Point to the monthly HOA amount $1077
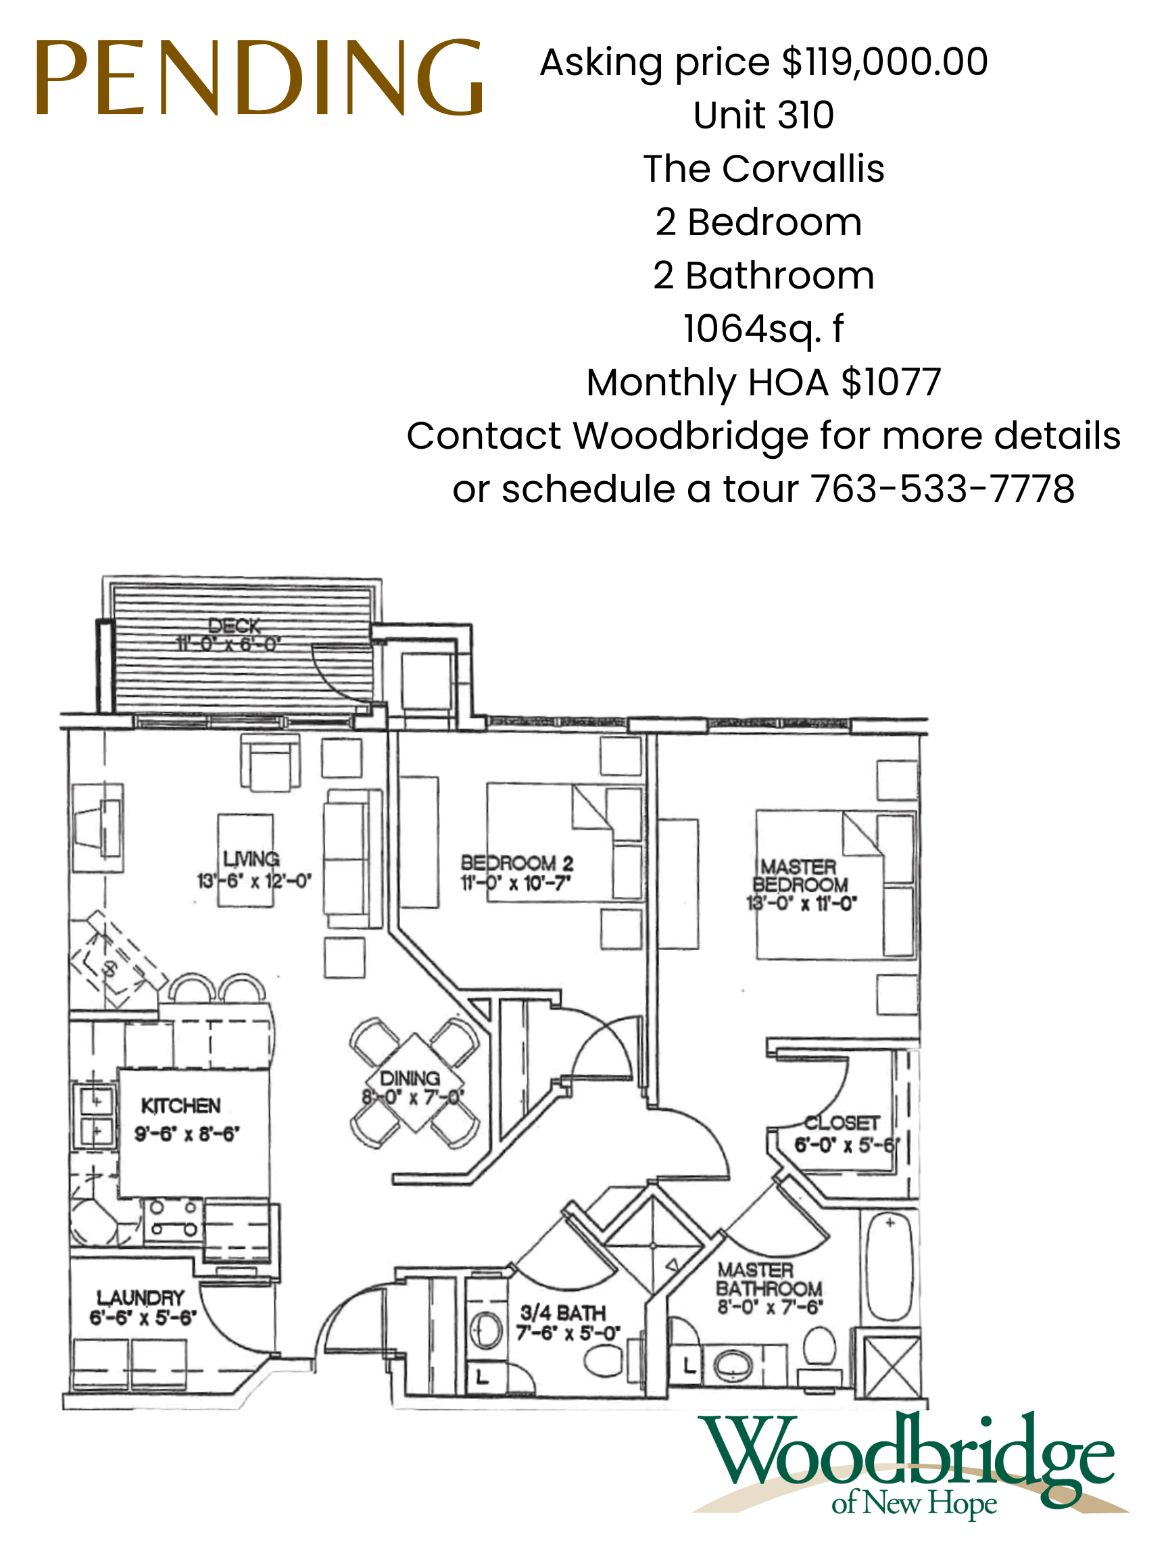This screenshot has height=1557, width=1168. [891, 382]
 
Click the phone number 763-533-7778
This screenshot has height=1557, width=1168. [942, 489]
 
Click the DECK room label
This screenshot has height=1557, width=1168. [235, 626]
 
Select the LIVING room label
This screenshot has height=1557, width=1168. [251, 860]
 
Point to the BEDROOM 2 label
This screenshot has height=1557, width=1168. [517, 863]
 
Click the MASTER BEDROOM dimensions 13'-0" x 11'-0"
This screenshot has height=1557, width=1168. [801, 903]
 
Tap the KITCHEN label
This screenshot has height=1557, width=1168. [181, 1106]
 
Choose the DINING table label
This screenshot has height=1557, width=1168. [410, 1079]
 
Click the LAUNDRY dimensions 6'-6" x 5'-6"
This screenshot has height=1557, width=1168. [143, 1318]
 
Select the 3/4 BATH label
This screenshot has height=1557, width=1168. [562, 1313]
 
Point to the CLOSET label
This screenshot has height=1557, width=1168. [842, 1122]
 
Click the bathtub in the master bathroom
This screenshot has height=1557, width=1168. [890, 1267]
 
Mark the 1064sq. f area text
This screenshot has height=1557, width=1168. [763, 328]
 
